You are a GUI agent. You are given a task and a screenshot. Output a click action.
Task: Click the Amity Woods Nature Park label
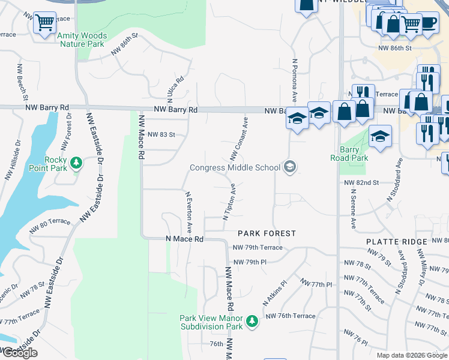[81, 40]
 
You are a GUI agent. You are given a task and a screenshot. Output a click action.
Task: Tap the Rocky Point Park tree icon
[76, 162]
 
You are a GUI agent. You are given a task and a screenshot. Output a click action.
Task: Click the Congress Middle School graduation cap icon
[290, 167]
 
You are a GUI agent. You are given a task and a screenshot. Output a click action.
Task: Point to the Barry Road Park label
[349, 154]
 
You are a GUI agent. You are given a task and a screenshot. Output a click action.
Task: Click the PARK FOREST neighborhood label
[267, 233]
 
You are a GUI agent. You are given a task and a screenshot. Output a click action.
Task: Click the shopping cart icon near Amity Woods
[44, 23]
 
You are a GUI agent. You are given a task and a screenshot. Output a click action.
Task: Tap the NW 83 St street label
[161, 135]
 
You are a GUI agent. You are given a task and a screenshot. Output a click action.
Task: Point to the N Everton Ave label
[188, 212]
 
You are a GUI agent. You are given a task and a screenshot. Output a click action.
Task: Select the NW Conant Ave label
[239, 139]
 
